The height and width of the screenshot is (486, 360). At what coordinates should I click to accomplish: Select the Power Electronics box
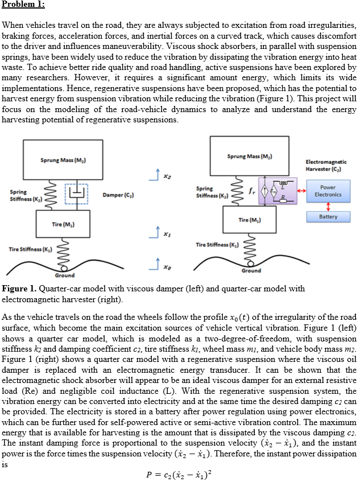(328, 191)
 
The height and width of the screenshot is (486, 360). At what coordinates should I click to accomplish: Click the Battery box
(328, 217)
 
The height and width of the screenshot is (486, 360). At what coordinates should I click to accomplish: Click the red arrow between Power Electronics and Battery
(328, 205)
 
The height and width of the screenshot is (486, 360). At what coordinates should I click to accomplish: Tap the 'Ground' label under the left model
(64, 275)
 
